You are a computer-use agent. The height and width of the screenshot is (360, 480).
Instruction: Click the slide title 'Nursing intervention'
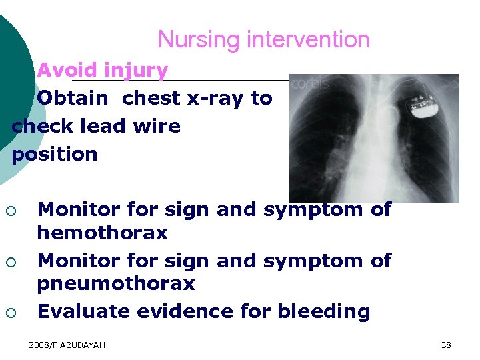[263, 40]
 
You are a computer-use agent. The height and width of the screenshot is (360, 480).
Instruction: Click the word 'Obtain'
[73, 98]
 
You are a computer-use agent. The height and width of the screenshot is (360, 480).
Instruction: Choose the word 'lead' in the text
[115, 126]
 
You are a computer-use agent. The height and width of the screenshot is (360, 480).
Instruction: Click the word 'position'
[55, 155]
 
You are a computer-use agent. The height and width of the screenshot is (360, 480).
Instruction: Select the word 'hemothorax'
[102, 233]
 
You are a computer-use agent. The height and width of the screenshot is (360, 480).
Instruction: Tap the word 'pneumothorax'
[116, 284]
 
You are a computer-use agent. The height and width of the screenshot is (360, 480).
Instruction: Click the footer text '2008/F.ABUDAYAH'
[67, 345]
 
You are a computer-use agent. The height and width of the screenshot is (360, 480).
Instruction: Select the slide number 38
[446, 345]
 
